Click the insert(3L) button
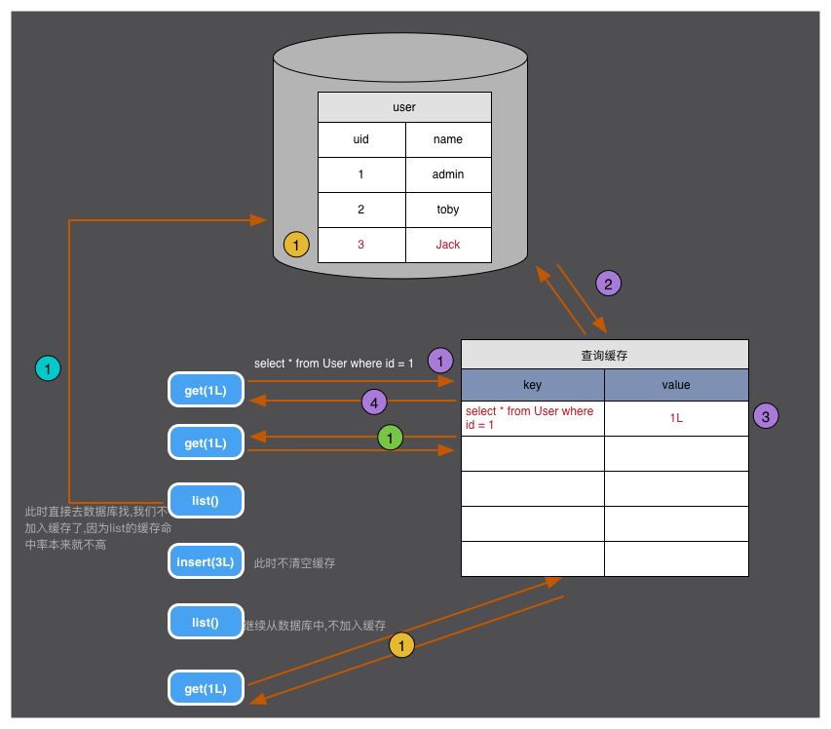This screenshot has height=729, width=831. [x=206, y=562]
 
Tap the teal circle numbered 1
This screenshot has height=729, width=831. [x=48, y=368]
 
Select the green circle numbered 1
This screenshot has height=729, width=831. [x=390, y=439]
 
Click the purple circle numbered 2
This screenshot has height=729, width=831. [x=608, y=284]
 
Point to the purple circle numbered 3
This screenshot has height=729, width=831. [x=766, y=416]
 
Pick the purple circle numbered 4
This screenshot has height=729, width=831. [x=374, y=401]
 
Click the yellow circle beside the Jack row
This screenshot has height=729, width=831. [x=296, y=245]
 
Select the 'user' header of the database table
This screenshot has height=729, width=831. [x=404, y=107]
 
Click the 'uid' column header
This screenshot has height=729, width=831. [x=361, y=139]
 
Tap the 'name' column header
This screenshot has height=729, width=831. [x=448, y=139]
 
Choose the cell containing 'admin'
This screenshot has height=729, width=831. [x=448, y=174]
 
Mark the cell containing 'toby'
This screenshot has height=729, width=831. [x=448, y=210]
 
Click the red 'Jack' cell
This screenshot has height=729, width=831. [x=448, y=245]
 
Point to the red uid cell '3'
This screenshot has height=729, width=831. [x=361, y=245]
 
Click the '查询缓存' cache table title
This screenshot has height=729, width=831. [x=604, y=355]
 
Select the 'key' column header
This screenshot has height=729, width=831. [x=532, y=385]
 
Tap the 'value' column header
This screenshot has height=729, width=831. [x=676, y=385]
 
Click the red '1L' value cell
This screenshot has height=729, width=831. [x=676, y=417]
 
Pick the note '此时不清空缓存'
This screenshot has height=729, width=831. [x=294, y=563]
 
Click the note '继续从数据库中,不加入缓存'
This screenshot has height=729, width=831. [x=315, y=626]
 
